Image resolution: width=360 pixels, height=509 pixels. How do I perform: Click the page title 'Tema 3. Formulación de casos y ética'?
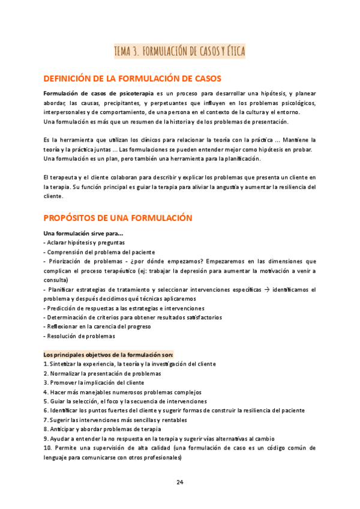tap(179, 52)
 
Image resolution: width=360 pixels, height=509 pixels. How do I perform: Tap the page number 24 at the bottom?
tap(180, 482)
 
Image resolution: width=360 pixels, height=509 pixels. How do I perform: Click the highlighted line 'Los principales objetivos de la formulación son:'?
tap(109, 354)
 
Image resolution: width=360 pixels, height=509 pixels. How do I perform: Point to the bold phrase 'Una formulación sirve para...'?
tap(83, 233)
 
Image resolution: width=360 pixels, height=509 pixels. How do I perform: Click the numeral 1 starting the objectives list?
tap(46, 364)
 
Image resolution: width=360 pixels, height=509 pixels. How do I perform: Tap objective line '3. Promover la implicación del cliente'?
tap(94, 382)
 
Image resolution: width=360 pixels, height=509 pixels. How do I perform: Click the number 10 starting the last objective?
tap(47, 448)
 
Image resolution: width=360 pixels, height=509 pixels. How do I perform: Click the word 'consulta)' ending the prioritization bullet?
tap(56, 280)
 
